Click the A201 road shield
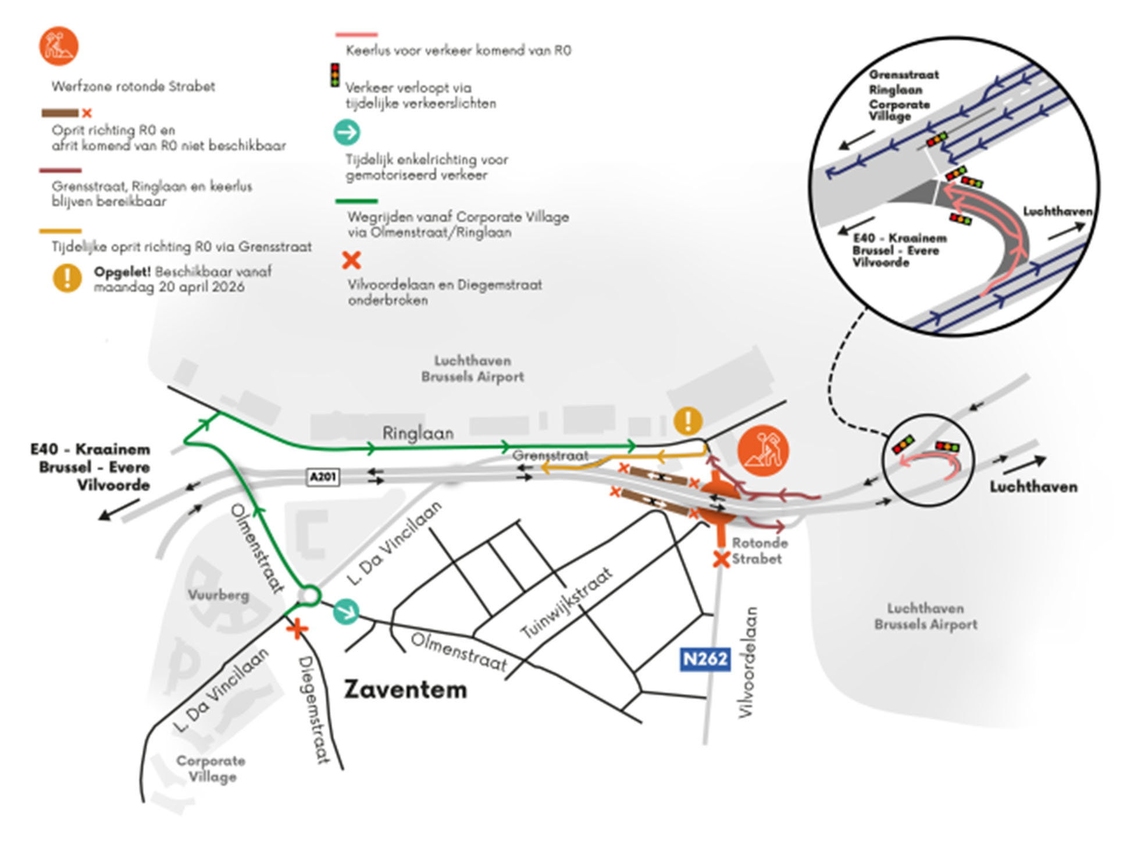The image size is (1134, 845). pos(323,477)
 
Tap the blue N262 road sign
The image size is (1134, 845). pos(705,659)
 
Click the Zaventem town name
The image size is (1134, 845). pos(405,690)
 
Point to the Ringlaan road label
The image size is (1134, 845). pos(418,434)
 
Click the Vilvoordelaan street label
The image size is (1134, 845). pos(748,662)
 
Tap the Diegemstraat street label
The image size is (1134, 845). pos(312,709)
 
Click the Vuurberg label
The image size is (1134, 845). pos(218,595)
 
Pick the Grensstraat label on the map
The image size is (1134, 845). pos(550,456)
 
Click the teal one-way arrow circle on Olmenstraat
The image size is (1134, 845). pos(347,612)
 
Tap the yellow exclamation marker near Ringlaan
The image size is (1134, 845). pos(689,420)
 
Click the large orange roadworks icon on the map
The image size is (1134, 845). pos(763,450)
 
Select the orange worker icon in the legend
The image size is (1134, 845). pos(59,46)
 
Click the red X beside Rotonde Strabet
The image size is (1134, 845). pos(722,559)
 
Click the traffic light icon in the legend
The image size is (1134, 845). pos(335,76)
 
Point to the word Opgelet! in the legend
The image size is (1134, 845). pos(122,272)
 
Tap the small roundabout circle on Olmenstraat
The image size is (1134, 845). pos(308,596)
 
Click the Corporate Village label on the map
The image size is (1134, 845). pos(211,769)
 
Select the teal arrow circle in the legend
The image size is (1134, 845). pos(347,133)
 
